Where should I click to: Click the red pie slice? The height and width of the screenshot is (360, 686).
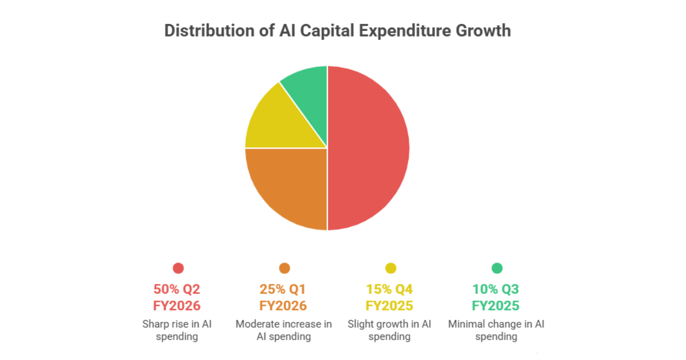[369, 149]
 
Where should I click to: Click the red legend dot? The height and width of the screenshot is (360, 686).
[178, 268]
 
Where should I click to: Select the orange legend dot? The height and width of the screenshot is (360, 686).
[284, 268]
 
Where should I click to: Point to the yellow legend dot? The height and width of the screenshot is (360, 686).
[390, 268]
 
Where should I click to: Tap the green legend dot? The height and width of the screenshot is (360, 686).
[497, 268]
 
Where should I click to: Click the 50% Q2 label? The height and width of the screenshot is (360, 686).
[178, 289]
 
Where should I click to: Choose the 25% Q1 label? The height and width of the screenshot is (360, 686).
[284, 289]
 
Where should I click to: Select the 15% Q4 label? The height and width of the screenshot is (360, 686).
[390, 289]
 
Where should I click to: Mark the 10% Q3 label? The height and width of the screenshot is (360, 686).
[496, 289]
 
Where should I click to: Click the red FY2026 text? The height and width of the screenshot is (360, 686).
[178, 306]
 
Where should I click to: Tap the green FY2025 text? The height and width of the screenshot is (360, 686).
[496, 306]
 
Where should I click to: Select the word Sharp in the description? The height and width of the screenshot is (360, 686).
[155, 324]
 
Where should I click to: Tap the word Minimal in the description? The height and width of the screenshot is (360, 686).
[466, 324]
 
